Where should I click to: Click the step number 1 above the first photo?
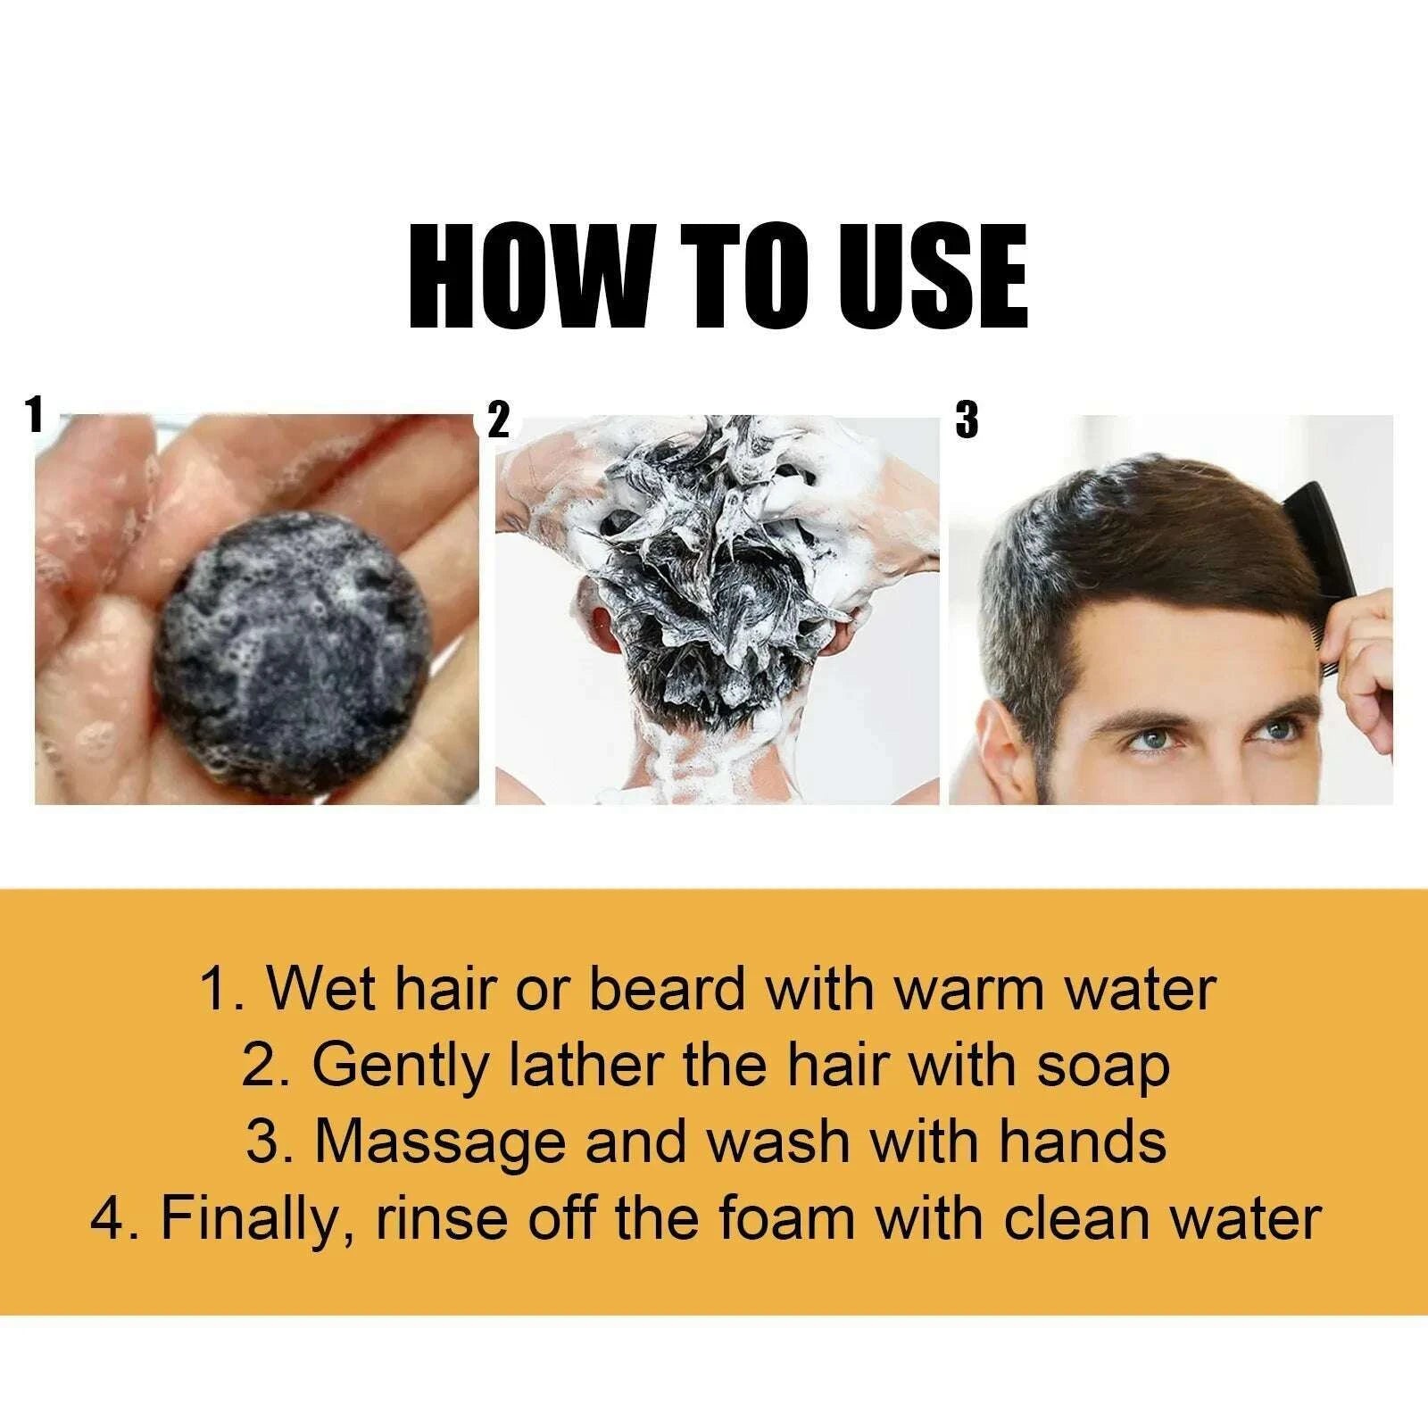[35, 415]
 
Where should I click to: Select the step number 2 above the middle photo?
[499, 419]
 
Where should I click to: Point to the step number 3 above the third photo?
[967, 419]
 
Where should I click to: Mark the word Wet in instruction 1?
[310, 990]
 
